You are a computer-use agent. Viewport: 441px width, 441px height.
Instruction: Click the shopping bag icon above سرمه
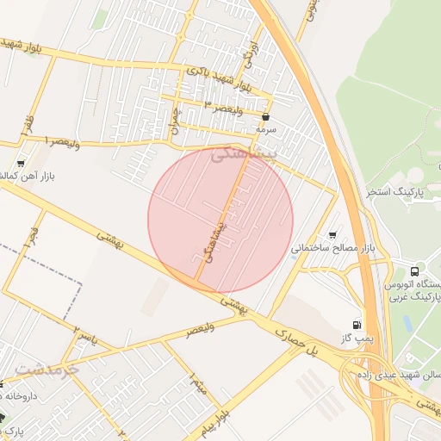(x=264, y=115)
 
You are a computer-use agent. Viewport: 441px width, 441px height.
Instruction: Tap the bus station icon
(x=418, y=270)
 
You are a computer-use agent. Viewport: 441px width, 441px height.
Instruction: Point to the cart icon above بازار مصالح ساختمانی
(x=333, y=234)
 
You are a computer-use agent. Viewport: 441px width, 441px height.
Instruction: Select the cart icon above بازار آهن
(x=21, y=162)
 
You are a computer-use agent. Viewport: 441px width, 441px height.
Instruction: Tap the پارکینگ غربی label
(x=417, y=296)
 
